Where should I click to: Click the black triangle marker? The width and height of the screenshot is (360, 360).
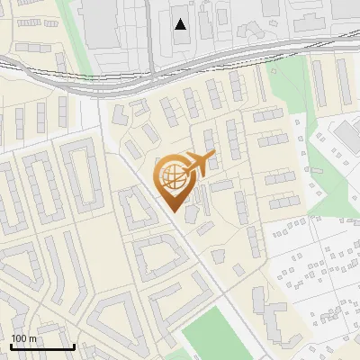tap(181, 23)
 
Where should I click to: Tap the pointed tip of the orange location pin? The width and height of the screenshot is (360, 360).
tap(174, 211)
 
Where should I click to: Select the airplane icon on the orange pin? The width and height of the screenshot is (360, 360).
tap(197, 165)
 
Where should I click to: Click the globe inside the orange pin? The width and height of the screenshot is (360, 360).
tap(173, 177)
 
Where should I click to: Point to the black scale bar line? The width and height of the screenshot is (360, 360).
tap(41, 346)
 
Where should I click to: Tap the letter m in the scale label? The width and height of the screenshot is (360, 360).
tap(32, 338)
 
